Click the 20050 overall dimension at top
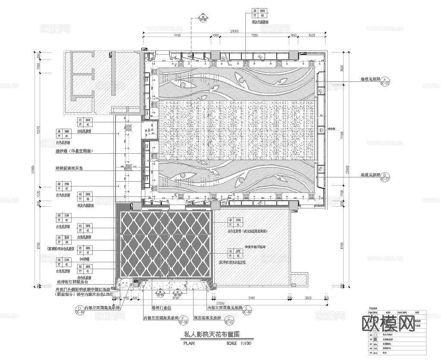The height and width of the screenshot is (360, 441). pyautogui.click(x=235, y=31)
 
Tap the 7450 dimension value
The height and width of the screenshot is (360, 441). pyautogui.click(x=177, y=36)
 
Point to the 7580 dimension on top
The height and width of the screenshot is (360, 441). pyautogui.click(x=254, y=36)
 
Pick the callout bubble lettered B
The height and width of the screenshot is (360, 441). pyautogui.click(x=386, y=176)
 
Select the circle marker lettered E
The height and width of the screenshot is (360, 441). pyautogui.click(x=247, y=308)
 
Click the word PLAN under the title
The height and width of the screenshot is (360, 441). pyautogui.click(x=189, y=344)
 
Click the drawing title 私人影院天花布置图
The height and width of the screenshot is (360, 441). pyautogui.click(x=212, y=334)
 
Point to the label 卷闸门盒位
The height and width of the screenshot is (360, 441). pyautogui.click(x=161, y=308)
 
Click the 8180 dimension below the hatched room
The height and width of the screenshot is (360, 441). pyautogui.click(x=252, y=298)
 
